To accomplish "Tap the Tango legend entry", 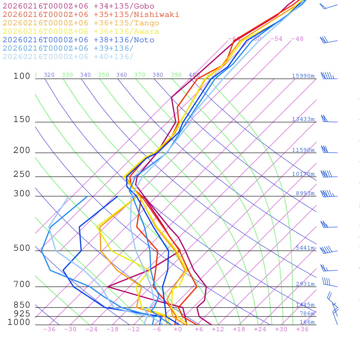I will pyautogui.click(x=81, y=23).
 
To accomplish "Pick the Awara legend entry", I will pyautogui.click(x=81, y=32).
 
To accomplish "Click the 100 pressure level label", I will pyautogui.click(x=22, y=76).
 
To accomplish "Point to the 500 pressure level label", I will pyautogui.click(x=22, y=248).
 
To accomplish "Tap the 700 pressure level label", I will pyautogui.click(x=22, y=284).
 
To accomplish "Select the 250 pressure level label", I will pyautogui.click(x=22, y=174).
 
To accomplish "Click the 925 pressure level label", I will pyautogui.click(x=22, y=314).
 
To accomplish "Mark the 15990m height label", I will pyautogui.click(x=303, y=76).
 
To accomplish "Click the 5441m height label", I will pyautogui.click(x=305, y=248).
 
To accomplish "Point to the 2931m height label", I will pyautogui.click(x=305, y=284).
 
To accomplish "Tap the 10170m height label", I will pyautogui.click(x=303, y=174).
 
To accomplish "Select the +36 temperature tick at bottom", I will pyautogui.click(x=302, y=329).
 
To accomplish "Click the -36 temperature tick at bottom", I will pyautogui.click(x=49, y=329).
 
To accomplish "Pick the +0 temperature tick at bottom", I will pyautogui.click(x=178, y=329).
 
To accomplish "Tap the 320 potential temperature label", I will pyautogui.click(x=49, y=75).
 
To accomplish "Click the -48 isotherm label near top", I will pyautogui.click(x=297, y=39).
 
